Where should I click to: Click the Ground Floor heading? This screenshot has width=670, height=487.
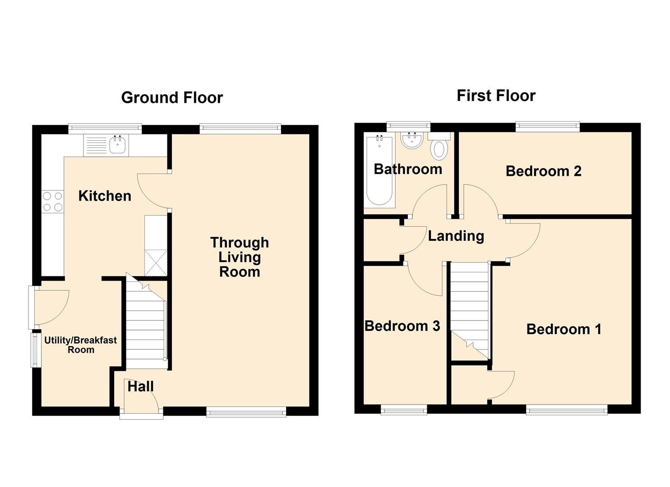tap(172, 98)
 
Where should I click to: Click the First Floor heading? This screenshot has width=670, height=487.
tap(496, 96)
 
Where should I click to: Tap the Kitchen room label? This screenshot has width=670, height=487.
tap(105, 196)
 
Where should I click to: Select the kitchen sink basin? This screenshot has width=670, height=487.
tap(118, 146)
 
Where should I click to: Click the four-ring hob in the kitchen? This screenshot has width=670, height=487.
tap(53, 202)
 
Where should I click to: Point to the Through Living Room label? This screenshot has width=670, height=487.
tap(240, 257)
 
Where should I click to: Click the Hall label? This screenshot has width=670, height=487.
tap(140, 386)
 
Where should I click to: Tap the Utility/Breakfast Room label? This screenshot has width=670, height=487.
tap(80, 345)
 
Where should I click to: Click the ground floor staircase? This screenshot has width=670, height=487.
tap(145, 325)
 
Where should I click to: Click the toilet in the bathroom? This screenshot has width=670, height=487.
tap(439, 149)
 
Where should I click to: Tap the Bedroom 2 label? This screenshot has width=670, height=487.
tap(543, 171)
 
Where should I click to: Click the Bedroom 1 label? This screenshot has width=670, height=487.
tap(564, 329)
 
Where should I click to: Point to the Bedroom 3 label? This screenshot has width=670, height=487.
tap(402, 326)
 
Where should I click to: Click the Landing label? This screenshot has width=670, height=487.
tap(456, 236)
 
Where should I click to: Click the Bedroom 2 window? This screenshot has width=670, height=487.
tap(547, 127)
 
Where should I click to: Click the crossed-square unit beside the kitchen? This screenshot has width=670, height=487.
tap(156, 263)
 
